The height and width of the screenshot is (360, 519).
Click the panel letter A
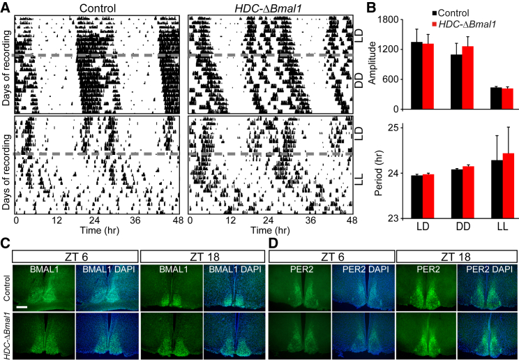click(x=6, y=6)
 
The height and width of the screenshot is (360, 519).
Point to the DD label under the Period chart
click(x=462, y=227)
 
